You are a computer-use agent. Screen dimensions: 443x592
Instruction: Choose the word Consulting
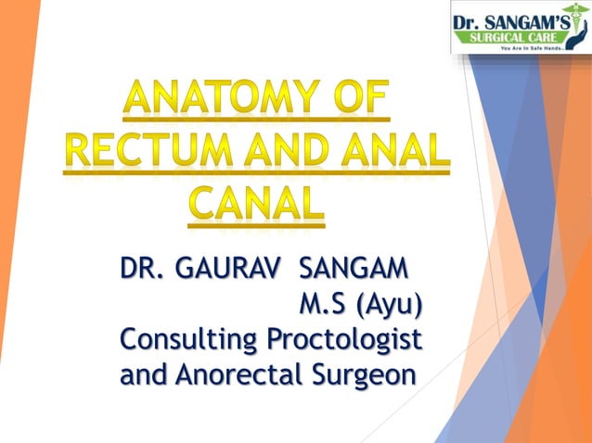[189, 340]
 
